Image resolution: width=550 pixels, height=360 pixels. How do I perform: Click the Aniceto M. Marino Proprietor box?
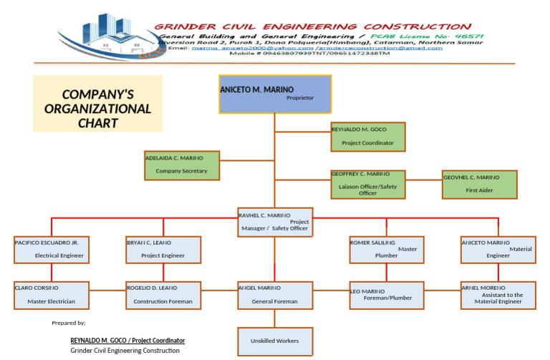point(274,94)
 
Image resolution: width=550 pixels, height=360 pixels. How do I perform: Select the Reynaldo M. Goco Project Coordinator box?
point(367,137)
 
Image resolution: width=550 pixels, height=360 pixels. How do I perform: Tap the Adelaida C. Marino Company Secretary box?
point(182,165)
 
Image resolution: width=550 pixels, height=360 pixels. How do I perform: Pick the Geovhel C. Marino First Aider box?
point(480,184)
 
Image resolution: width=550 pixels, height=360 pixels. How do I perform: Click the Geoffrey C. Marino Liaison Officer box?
point(367,184)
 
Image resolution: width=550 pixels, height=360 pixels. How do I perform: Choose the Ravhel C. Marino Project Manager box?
point(274,222)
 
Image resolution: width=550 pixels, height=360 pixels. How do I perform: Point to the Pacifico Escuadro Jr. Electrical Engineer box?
point(52,249)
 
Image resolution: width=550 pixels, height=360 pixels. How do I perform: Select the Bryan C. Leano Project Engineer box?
point(163,249)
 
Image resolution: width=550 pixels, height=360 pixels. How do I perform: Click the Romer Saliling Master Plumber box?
point(387,249)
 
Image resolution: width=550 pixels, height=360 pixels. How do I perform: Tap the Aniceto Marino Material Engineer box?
point(498,249)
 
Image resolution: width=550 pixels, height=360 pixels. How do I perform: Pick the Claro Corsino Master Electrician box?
point(52,295)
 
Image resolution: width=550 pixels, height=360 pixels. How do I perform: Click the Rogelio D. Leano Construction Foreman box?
point(163,295)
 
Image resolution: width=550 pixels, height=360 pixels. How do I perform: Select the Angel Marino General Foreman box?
point(275,295)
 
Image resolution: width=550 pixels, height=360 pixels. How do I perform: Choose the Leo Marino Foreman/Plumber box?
point(387,295)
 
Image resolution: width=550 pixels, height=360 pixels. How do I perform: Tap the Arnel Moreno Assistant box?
point(498,295)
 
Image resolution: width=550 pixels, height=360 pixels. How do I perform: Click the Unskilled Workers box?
point(275,341)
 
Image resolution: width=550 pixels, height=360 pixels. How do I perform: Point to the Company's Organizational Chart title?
point(98,104)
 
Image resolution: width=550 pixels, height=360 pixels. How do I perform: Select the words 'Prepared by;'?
point(69,323)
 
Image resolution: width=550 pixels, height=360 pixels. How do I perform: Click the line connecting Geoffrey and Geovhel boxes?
point(423,180)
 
